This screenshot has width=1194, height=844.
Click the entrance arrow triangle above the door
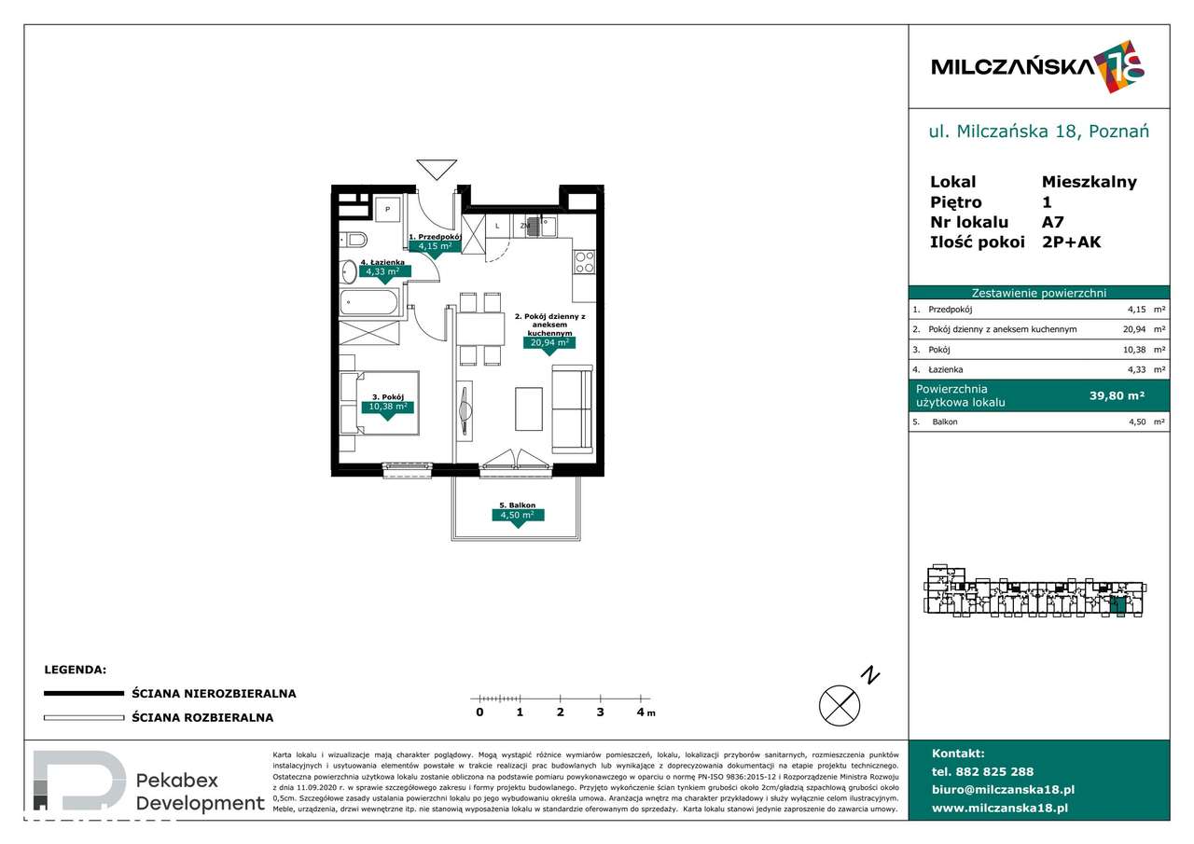[x=437, y=169]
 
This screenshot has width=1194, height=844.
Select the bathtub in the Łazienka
[x=369, y=301]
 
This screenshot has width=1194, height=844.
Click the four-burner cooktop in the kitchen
[x=584, y=262]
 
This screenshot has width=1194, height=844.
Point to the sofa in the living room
[x=571, y=408]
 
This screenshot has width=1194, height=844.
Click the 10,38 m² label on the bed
[x=387, y=407]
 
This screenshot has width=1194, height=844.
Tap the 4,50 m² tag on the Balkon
[x=517, y=515]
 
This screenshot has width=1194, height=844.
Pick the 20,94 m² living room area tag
[x=548, y=342]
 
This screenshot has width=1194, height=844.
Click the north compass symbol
[x=840, y=704]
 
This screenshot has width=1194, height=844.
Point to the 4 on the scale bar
[x=640, y=713]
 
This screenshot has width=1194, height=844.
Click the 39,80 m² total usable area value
[x=1117, y=395]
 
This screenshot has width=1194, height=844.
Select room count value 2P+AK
[x=1071, y=242]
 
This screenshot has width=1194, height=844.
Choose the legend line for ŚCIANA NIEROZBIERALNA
[x=84, y=694]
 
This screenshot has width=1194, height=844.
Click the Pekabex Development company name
[x=200, y=792]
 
